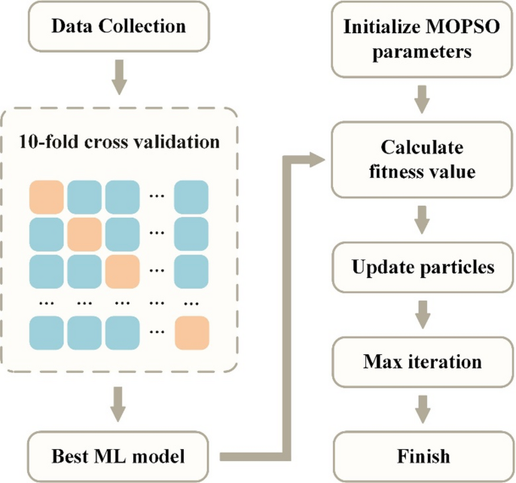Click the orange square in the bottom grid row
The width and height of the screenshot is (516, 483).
(x=191, y=332)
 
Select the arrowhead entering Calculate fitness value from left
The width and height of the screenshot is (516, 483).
(x=321, y=158)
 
